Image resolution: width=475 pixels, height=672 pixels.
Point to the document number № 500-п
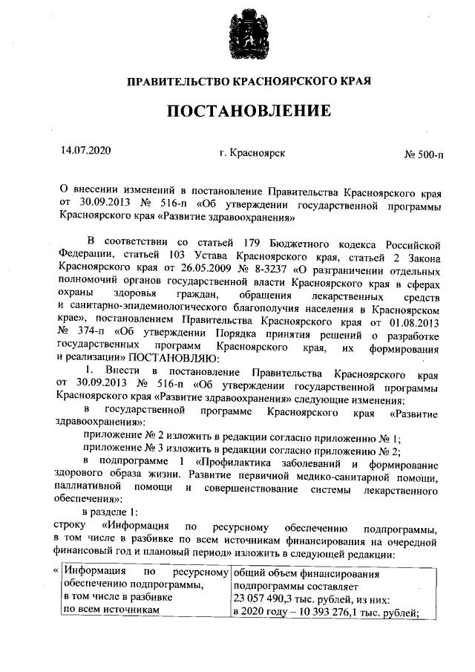tap(424, 155)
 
